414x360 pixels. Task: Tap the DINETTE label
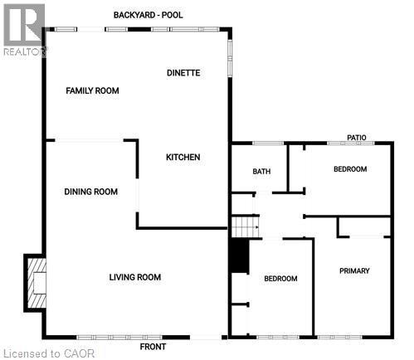[x=183, y=73]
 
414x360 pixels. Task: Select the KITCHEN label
[x=183, y=157]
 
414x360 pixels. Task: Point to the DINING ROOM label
[x=90, y=192]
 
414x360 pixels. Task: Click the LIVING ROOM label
[x=134, y=277]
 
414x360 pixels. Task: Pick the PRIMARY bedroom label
[x=354, y=271]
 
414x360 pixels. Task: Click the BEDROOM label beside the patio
[x=349, y=169]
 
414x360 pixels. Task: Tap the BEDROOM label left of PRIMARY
[x=280, y=279]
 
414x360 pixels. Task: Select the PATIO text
[x=357, y=138]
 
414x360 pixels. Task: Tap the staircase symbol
[x=244, y=225]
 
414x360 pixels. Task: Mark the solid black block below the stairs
[x=239, y=255]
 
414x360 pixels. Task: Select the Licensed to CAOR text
[x=49, y=353]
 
